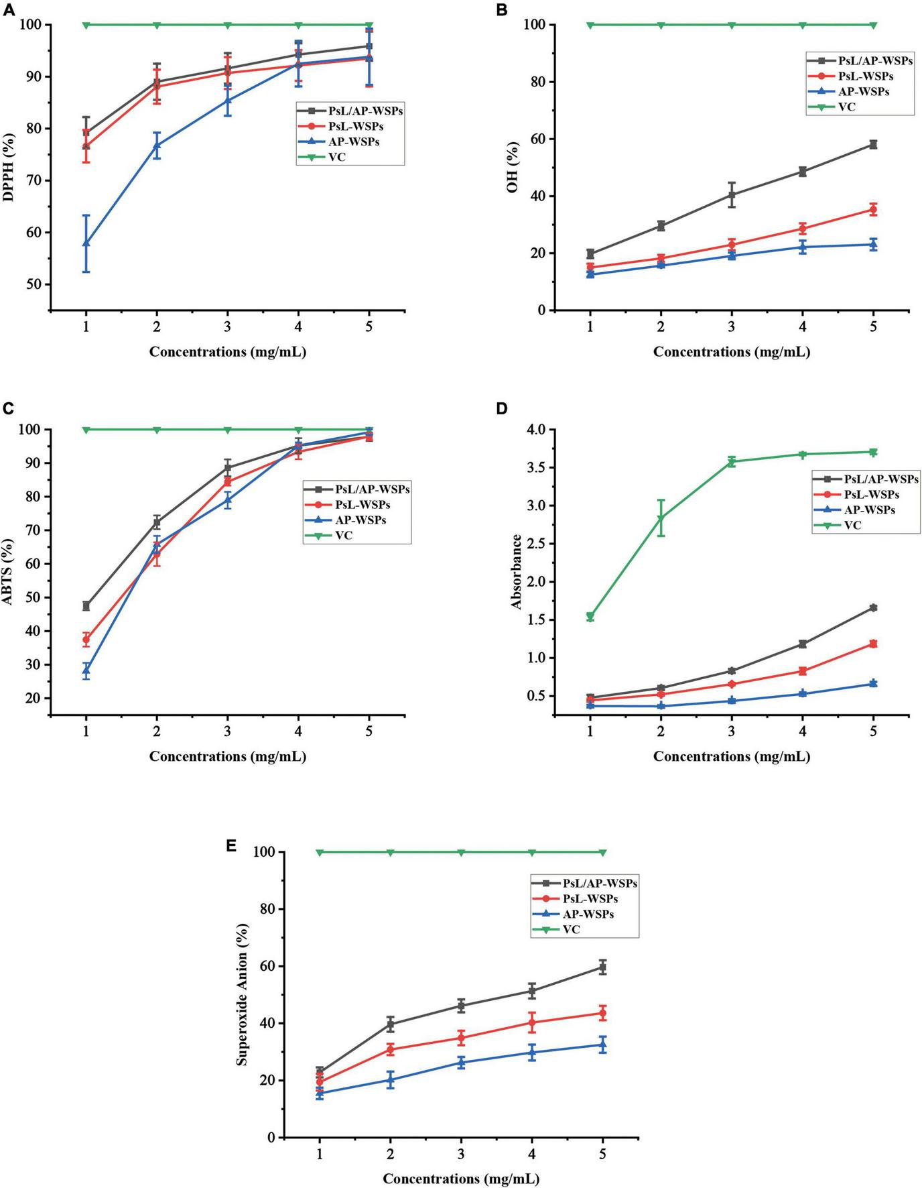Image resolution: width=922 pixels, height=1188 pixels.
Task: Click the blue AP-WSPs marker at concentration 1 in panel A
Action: [86, 243]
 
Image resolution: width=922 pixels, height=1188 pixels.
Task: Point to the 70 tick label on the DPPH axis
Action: [34, 180]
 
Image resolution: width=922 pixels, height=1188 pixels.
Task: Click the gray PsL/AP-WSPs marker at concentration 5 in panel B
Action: [873, 144]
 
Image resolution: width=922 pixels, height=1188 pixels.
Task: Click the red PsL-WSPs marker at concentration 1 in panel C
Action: [86, 640]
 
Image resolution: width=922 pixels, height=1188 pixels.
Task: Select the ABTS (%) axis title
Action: [9, 572]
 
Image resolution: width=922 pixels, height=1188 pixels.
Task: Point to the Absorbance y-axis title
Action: [517, 572]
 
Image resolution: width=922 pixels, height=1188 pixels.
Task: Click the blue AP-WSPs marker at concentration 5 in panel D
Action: [873, 683]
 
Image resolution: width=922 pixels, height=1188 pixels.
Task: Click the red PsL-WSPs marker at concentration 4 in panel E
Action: [532, 1022]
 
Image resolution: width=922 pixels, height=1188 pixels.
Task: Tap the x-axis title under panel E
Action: [461, 1178]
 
